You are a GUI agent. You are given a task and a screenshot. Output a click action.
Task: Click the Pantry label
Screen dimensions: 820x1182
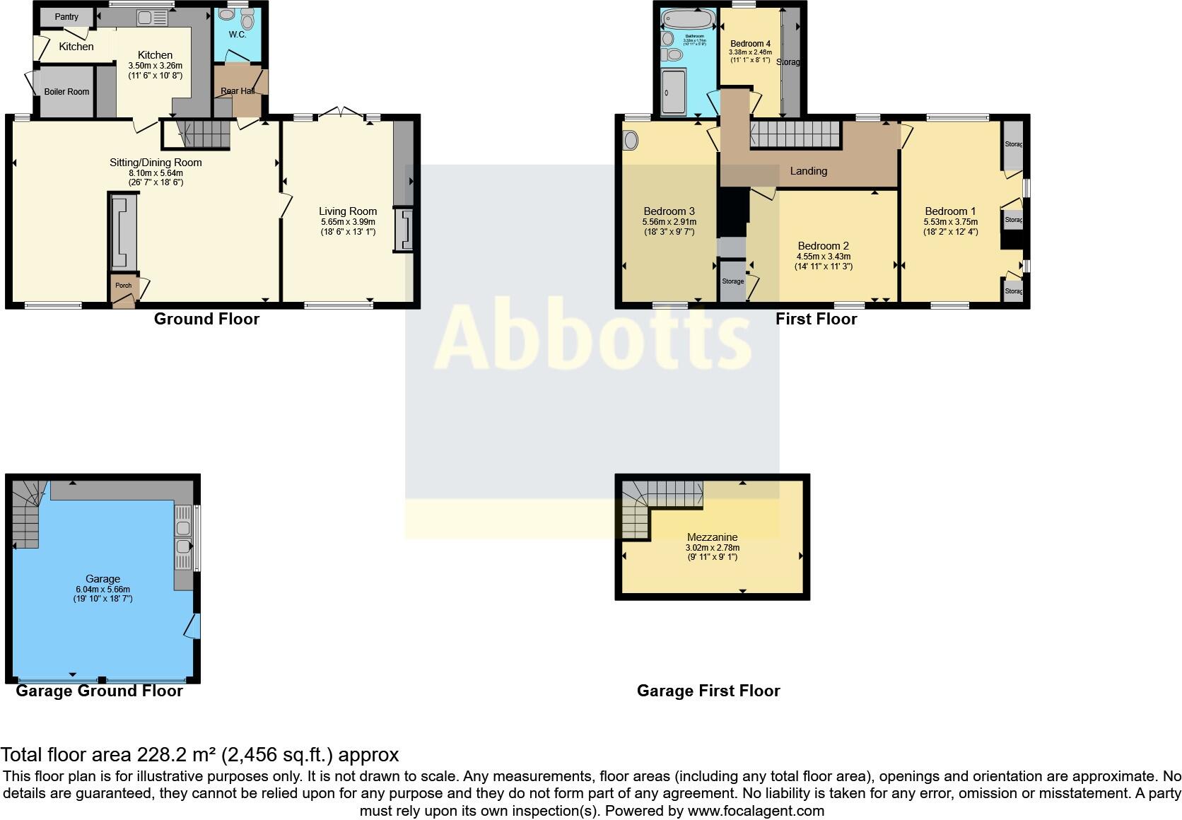point(67,17)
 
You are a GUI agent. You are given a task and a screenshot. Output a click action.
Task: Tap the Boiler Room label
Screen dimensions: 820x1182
point(66,92)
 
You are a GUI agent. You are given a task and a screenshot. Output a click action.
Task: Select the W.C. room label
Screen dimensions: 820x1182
point(237,34)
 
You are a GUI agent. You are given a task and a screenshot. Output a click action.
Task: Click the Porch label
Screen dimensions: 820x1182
point(123,286)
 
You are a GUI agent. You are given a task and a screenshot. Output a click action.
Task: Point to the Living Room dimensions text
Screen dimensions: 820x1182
point(348,226)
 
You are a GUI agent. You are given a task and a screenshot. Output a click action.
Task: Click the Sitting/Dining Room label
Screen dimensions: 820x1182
point(156,163)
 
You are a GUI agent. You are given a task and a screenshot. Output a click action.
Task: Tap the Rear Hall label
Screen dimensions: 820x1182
point(238,91)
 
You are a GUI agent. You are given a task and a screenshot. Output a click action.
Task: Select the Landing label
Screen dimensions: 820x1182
point(808,171)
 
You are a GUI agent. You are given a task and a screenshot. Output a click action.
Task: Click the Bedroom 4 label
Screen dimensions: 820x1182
point(750,44)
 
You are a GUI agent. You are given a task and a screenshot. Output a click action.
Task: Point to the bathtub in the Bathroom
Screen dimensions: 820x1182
point(687,18)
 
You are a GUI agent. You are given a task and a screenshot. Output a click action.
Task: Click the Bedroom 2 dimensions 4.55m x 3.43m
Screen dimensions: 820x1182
point(824,257)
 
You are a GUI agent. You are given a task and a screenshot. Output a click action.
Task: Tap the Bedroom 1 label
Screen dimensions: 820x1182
point(950,211)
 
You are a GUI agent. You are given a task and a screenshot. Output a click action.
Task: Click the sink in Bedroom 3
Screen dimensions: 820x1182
point(631,141)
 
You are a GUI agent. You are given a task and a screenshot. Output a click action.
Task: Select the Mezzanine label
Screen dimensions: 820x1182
point(712,537)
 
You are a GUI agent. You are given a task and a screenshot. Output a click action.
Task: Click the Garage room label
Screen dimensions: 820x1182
point(103,579)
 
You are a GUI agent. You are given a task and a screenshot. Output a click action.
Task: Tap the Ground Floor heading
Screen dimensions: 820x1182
point(206,319)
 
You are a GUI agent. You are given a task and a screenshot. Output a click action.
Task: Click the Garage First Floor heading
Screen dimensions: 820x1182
point(708,691)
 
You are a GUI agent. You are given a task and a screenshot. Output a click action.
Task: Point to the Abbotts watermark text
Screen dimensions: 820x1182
point(592,338)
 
